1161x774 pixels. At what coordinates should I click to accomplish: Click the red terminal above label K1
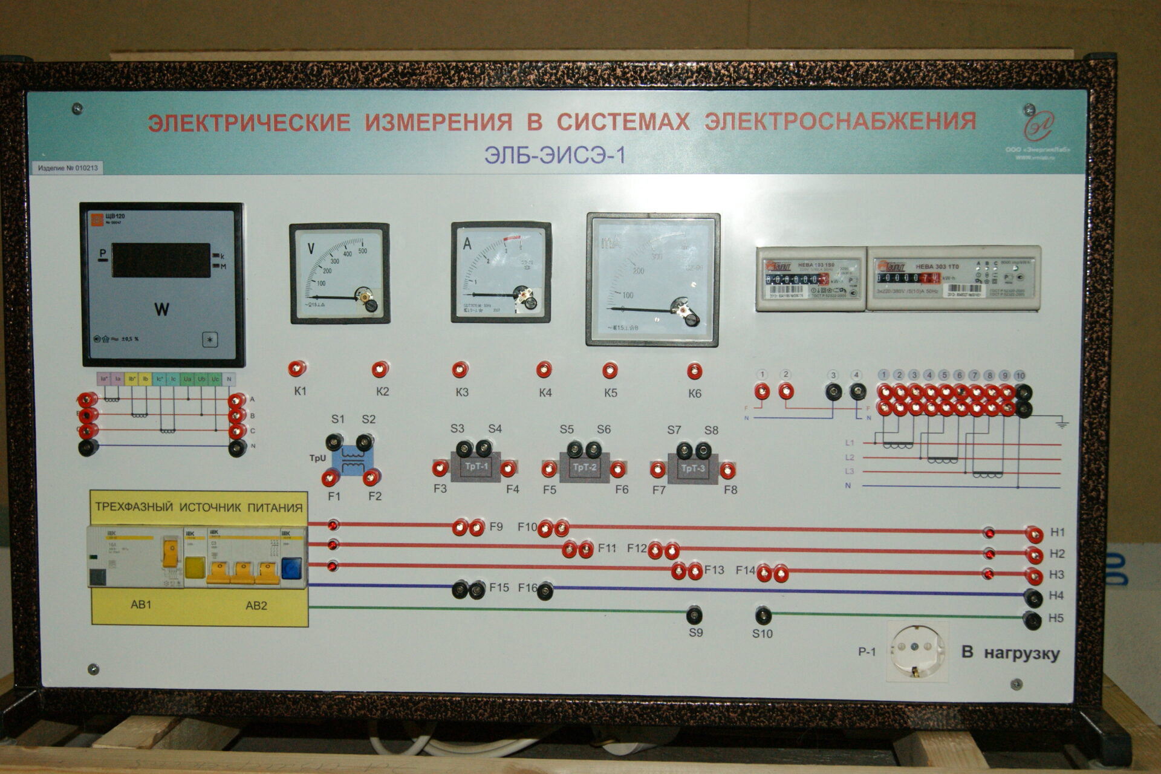click(x=297, y=368)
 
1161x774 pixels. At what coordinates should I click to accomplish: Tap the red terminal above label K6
click(x=694, y=371)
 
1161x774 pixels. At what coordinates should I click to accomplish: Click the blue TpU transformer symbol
click(x=352, y=461)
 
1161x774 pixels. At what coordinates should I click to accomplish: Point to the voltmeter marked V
click(x=339, y=273)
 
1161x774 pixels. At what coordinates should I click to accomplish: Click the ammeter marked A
click(x=501, y=272)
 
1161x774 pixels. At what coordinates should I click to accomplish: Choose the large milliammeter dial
click(x=653, y=279)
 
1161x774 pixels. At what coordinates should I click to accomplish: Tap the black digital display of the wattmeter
click(x=161, y=260)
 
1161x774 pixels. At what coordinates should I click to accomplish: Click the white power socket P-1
click(x=917, y=651)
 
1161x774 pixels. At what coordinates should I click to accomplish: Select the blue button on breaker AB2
click(x=291, y=568)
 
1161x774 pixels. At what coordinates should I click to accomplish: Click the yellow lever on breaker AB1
click(x=171, y=554)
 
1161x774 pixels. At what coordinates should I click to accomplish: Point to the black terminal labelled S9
click(x=694, y=616)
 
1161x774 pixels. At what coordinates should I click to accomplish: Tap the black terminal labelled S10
click(x=763, y=616)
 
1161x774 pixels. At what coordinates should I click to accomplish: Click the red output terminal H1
click(x=1034, y=535)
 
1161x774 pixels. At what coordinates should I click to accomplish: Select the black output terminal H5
click(x=1033, y=620)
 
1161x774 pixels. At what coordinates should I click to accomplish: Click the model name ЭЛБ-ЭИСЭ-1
click(x=554, y=155)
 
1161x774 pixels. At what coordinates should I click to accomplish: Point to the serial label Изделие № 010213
click(x=67, y=168)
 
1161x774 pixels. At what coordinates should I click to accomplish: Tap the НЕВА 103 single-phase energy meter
click(x=810, y=279)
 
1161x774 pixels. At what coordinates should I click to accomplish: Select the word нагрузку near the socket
click(x=1021, y=654)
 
